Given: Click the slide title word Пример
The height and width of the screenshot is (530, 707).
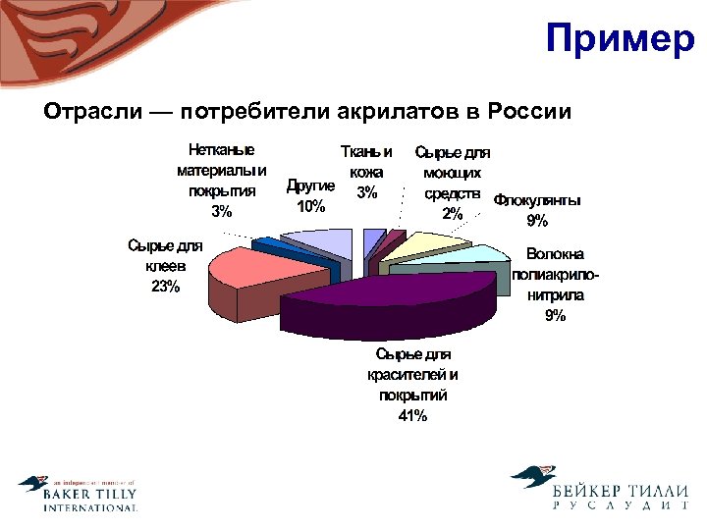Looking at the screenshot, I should [x=620, y=40].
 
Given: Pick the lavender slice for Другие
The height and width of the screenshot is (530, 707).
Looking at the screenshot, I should [x=319, y=241].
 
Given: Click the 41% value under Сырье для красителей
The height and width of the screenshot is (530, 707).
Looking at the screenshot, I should [x=412, y=416].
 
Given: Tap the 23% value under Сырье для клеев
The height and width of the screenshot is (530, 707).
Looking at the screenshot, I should [x=165, y=287].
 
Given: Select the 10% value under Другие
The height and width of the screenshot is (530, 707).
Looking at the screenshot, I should [x=310, y=206].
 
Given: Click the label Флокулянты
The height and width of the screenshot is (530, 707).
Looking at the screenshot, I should [x=537, y=200].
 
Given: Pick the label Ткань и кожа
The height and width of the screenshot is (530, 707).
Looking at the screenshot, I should [x=366, y=162].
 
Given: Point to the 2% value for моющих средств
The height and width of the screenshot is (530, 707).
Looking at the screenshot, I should [x=453, y=213].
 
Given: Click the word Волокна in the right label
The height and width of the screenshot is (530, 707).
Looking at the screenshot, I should [x=556, y=252].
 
